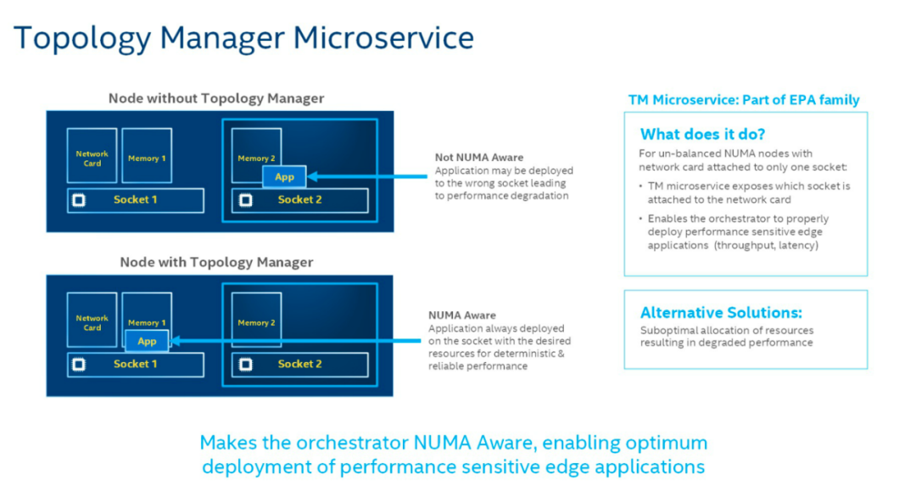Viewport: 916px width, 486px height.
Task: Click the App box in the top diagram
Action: click(284, 176)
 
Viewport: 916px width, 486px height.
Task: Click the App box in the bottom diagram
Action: click(147, 341)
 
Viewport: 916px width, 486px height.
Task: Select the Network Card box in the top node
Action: click(92, 155)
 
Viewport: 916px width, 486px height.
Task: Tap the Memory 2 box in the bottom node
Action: click(256, 320)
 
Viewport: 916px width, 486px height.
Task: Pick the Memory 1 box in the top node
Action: click(147, 155)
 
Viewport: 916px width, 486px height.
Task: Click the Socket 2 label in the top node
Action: click(299, 200)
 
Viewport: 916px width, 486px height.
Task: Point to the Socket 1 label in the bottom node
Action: click(135, 364)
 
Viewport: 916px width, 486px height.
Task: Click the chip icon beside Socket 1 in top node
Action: click(79, 200)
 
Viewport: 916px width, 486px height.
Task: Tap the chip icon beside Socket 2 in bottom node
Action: click(246, 365)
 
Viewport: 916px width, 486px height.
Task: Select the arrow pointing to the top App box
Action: click(367, 176)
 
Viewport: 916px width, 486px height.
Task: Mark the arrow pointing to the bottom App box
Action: click(294, 341)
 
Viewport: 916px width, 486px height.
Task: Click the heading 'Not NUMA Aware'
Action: click(479, 157)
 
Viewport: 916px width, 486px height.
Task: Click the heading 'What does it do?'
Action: click(702, 134)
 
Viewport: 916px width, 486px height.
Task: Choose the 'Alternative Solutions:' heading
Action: click(721, 312)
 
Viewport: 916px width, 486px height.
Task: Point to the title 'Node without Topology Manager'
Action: click(216, 98)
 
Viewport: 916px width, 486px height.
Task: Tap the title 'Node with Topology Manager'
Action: click(216, 262)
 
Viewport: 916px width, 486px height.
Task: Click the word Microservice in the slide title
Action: click(383, 37)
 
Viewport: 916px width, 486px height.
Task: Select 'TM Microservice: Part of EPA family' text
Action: click(744, 100)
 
